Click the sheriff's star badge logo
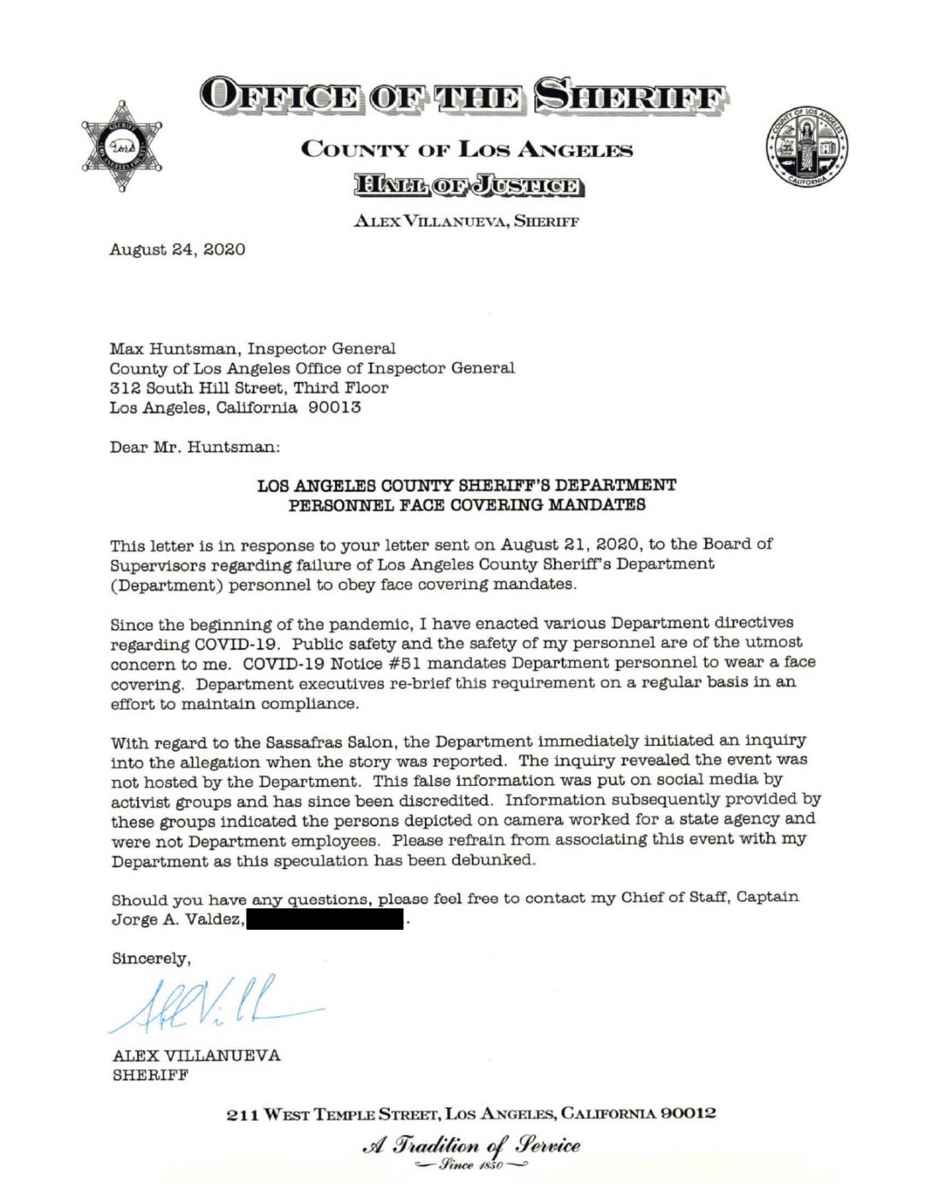click(x=122, y=146)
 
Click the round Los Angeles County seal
click(x=806, y=147)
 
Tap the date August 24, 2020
click(x=177, y=249)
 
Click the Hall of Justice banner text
click(x=468, y=185)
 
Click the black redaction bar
click(x=325, y=919)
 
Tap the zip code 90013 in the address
click(x=334, y=408)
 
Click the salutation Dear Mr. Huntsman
click(x=194, y=447)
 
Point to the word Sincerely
click(x=151, y=959)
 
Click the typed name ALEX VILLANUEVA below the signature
click(x=196, y=1056)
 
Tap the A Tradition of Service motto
click(x=471, y=1146)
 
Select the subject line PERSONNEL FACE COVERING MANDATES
click(x=467, y=505)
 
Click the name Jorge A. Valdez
click(x=177, y=919)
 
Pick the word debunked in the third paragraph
click(x=497, y=860)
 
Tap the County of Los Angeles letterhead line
click(x=467, y=150)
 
